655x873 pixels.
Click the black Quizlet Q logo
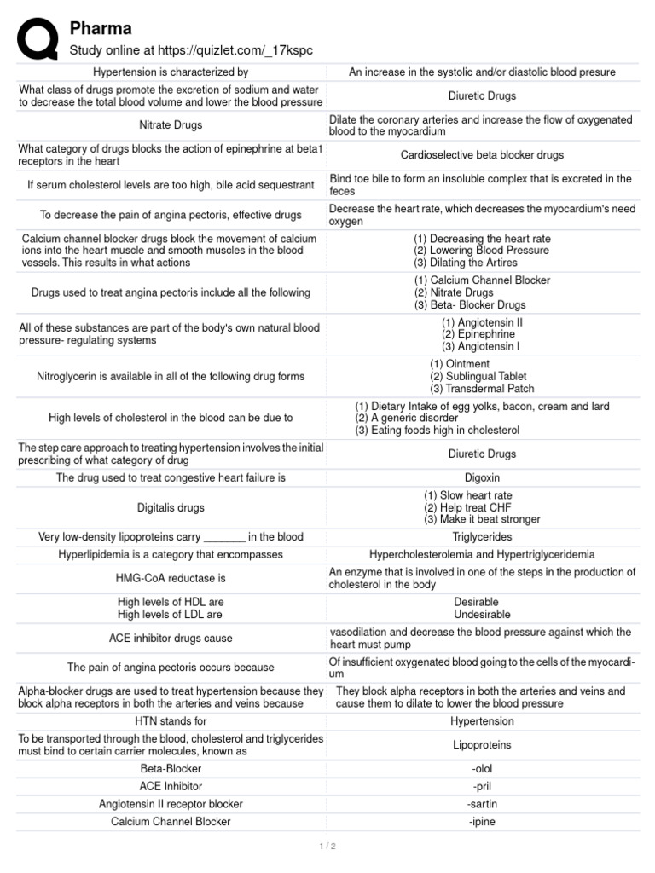[38, 38]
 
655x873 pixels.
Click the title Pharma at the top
[101, 29]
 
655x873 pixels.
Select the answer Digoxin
[482, 477]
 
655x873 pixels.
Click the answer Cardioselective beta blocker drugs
[482, 155]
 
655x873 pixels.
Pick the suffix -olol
[482, 768]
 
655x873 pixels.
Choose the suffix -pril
[482, 786]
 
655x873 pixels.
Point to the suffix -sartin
[482, 804]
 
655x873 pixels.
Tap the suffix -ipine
[482, 822]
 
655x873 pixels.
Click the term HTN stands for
[171, 721]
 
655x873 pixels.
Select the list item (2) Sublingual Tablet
[478, 376]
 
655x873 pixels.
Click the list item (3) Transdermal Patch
[481, 389]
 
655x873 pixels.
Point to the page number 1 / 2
[327, 846]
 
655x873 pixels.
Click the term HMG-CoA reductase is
[171, 578]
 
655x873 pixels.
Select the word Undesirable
[482, 614]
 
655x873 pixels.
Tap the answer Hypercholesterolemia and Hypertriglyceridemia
[482, 554]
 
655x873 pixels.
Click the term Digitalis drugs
[171, 507]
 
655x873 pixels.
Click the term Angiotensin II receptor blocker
[171, 804]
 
